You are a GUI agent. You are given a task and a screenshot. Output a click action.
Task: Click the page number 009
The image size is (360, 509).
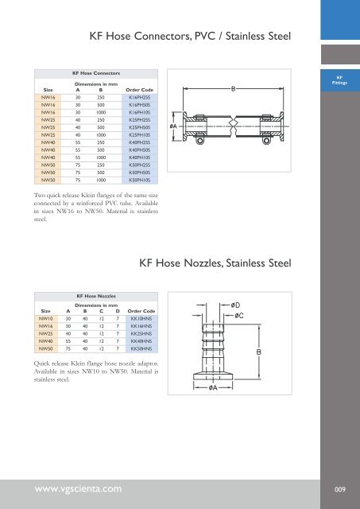coord(339,488)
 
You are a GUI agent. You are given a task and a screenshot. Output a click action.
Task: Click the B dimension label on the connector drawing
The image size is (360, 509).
coord(232,89)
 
